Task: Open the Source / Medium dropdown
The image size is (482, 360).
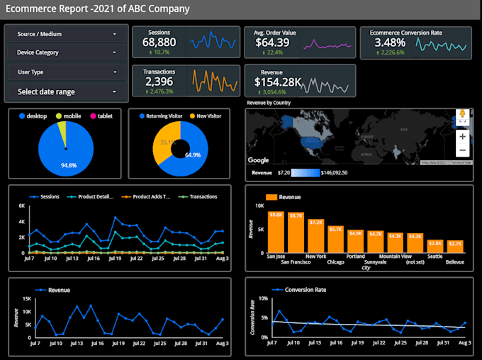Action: tap(67, 33)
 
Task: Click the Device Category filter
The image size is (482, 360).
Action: tap(67, 52)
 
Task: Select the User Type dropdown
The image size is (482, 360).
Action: tap(67, 72)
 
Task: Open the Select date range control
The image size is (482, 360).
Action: tap(67, 91)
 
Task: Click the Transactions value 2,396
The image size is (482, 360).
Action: tap(159, 81)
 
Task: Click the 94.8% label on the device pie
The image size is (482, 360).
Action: tap(69, 166)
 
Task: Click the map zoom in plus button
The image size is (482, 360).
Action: tap(462, 136)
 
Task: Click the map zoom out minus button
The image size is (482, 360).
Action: tap(462, 150)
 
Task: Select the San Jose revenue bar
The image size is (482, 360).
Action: tap(276, 230)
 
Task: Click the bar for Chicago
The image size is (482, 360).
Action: tap(335, 237)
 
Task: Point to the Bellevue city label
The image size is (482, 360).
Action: tap(455, 261)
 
